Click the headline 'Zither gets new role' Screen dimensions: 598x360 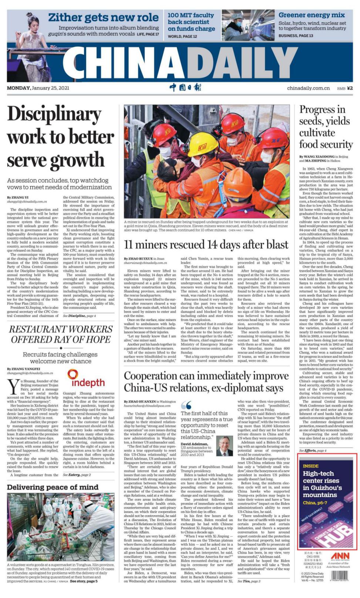[103, 17]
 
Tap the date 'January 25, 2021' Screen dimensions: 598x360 [50, 88]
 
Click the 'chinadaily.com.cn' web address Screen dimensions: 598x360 [308, 88]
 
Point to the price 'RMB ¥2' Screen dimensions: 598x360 [345, 88]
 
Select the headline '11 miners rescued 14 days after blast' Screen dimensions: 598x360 [206, 245]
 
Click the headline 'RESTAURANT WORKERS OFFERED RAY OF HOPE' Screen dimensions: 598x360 [61, 334]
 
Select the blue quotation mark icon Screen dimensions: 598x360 [186, 405]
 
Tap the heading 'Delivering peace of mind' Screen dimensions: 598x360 [53, 487]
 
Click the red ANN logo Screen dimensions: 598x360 [340, 556]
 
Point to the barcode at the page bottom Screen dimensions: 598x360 [340, 575]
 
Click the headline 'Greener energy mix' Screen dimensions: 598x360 [312, 15]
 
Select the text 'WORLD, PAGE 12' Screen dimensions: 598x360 [182, 36]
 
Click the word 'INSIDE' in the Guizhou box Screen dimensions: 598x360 [310, 466]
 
